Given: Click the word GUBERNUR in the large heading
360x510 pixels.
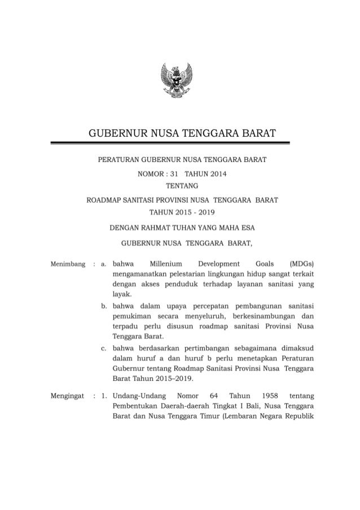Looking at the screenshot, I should coord(116,134).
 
